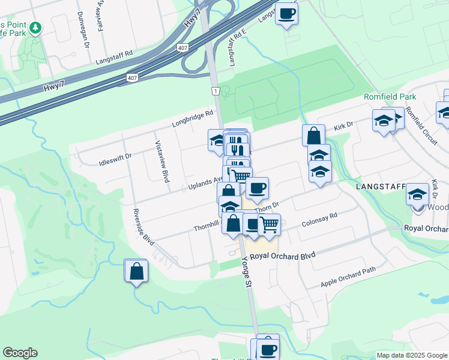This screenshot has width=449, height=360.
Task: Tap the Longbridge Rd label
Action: [x=193, y=118]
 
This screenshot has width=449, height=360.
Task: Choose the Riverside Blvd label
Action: [x=144, y=227]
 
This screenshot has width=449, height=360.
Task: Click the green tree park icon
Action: [x=35, y=28]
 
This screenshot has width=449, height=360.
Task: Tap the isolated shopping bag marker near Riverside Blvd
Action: [x=136, y=271]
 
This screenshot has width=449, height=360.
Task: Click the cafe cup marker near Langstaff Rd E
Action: [x=286, y=13]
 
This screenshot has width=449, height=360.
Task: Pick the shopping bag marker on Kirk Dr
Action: [x=313, y=136]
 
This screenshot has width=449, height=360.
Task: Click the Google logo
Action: [x=20, y=353]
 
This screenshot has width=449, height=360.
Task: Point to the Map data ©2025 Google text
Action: [x=411, y=355]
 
